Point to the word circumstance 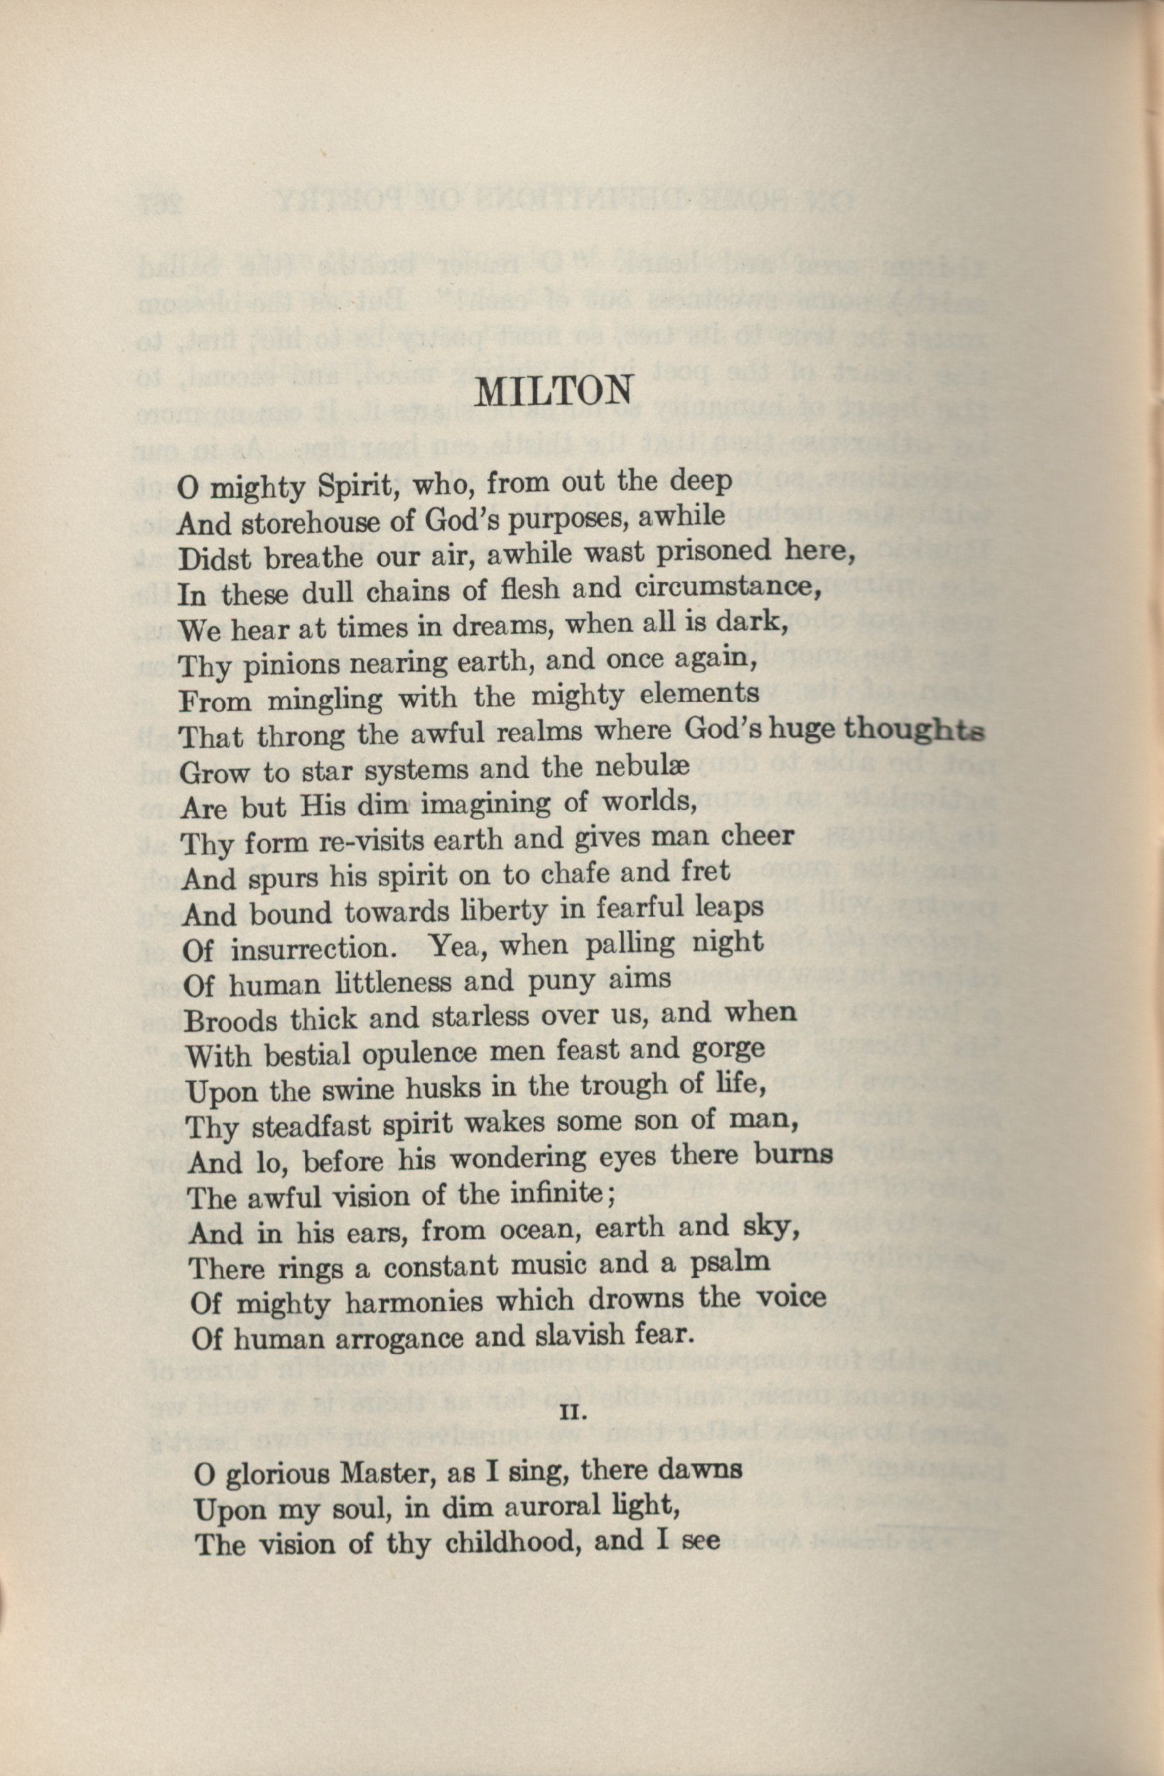coord(730,587)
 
